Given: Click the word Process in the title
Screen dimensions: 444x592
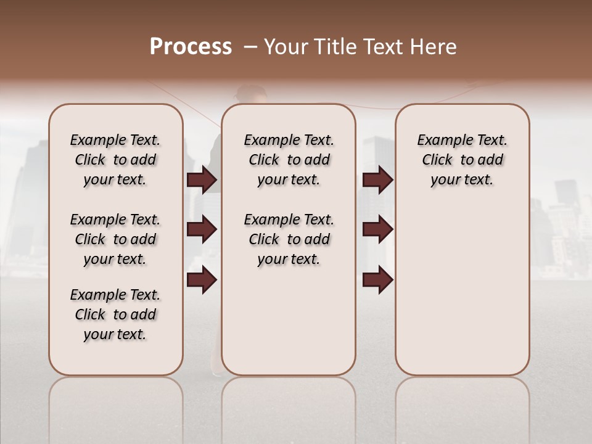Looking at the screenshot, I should pyautogui.click(x=191, y=47).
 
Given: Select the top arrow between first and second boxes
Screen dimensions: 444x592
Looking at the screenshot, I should pyautogui.click(x=202, y=180).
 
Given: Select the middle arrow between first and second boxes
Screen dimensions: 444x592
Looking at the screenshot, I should pyautogui.click(x=202, y=230).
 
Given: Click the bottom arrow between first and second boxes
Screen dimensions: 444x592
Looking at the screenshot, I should pyautogui.click(x=202, y=280).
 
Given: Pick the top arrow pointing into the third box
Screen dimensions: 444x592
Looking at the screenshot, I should pyautogui.click(x=377, y=180).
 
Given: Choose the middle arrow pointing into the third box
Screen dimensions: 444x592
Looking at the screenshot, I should pyautogui.click(x=377, y=230).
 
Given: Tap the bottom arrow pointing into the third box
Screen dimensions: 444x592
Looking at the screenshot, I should pyautogui.click(x=377, y=280).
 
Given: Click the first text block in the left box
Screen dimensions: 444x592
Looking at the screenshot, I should pyautogui.click(x=115, y=160).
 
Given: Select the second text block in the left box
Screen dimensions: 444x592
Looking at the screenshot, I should pyautogui.click(x=115, y=239).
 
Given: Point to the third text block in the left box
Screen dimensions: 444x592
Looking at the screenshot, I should pyautogui.click(x=115, y=314).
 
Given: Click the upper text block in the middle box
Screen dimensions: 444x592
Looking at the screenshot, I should pyautogui.click(x=289, y=160).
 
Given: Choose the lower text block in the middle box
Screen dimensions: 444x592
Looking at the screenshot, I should pyautogui.click(x=289, y=239).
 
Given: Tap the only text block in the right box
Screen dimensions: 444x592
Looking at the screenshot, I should pyautogui.click(x=462, y=160).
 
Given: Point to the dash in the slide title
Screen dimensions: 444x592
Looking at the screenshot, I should pyautogui.click(x=250, y=47).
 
